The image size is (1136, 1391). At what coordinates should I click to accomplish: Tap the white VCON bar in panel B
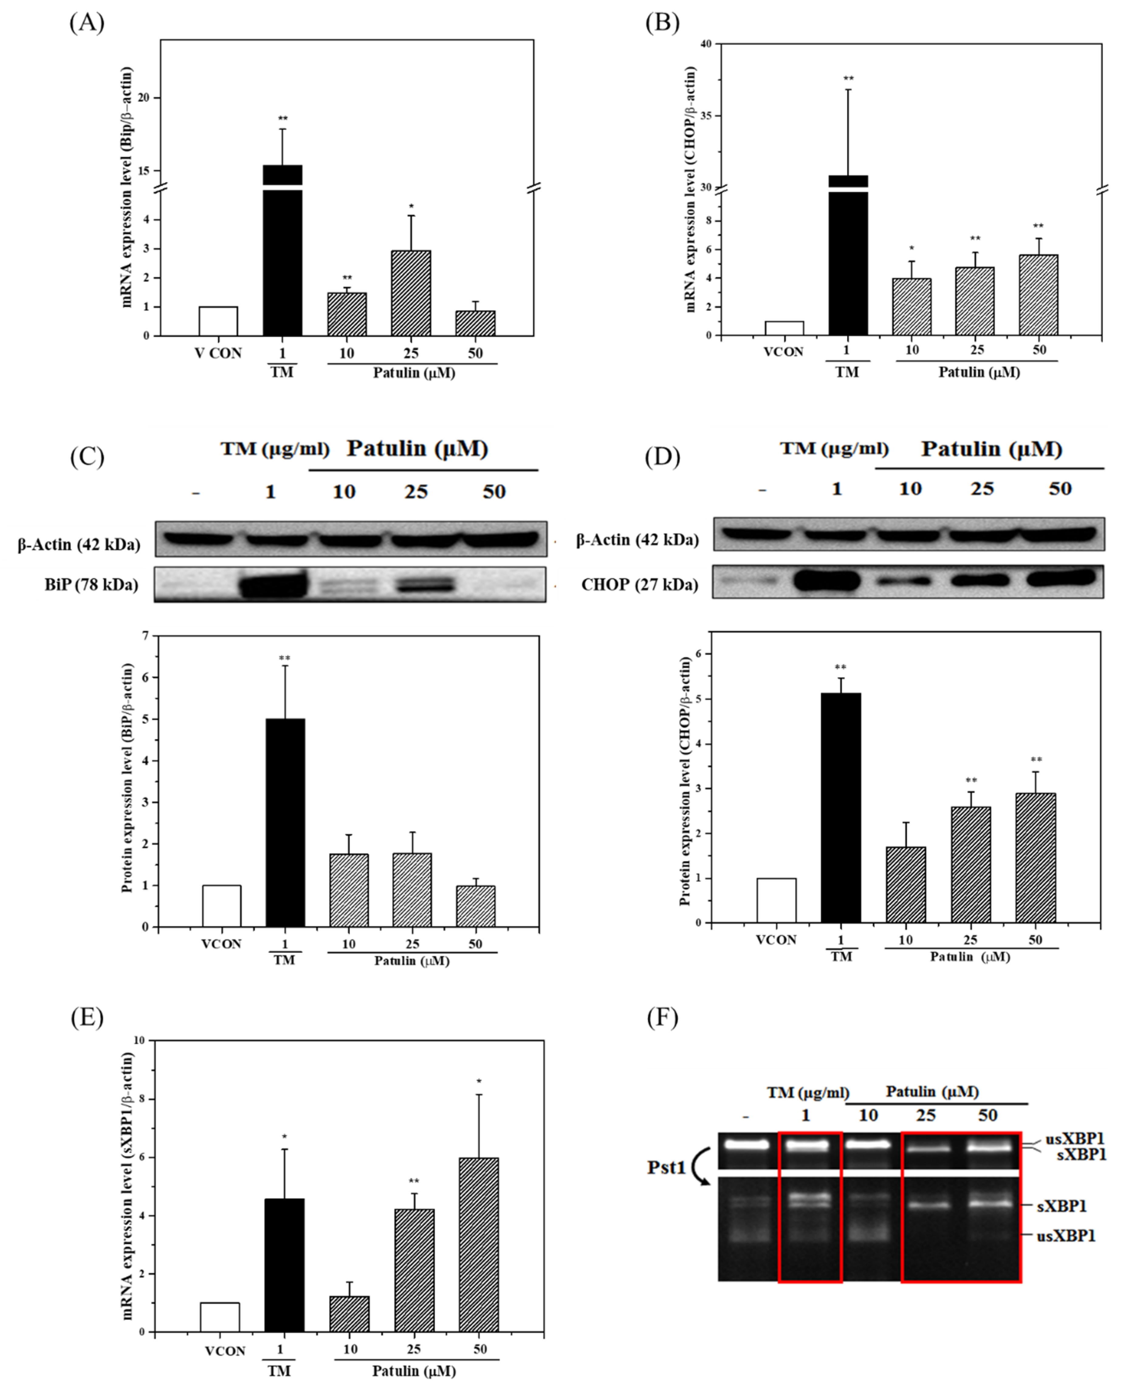click(784, 328)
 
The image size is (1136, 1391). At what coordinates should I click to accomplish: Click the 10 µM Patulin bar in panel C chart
click(349, 890)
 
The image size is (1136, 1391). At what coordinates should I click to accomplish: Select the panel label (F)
click(662, 1017)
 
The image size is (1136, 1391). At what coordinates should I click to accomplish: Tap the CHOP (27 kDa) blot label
click(639, 584)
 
